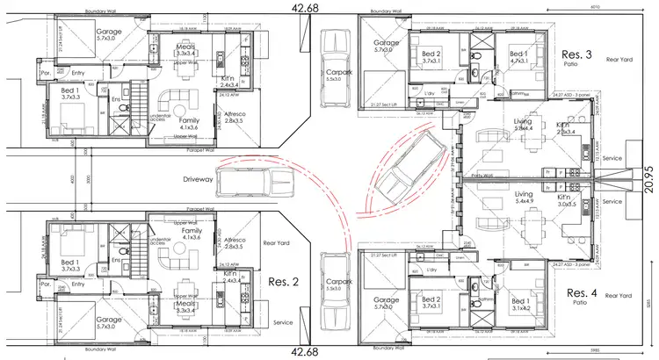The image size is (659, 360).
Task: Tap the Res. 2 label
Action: pos(286,283)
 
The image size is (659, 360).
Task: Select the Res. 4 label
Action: pos(582,292)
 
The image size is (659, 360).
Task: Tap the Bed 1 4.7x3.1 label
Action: pos(518,58)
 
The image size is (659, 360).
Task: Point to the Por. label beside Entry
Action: pos(44,74)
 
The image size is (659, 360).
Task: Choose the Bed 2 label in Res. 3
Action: pos(430,58)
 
